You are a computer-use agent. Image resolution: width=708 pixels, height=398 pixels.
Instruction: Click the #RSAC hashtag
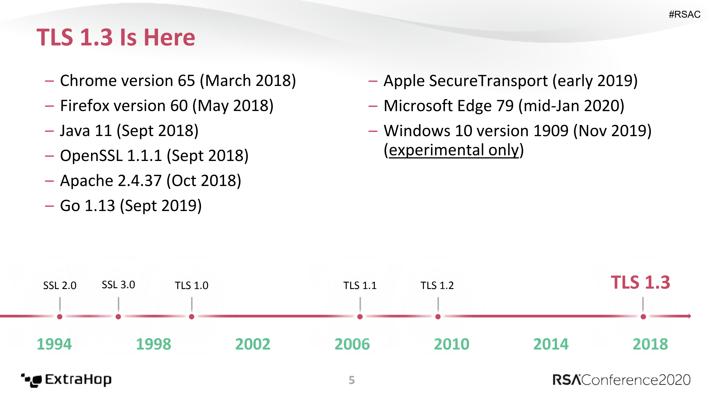[x=684, y=14]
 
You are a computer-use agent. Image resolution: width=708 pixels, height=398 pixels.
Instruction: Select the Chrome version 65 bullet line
[x=178, y=81]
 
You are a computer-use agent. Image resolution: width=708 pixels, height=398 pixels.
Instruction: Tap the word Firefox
[x=85, y=106]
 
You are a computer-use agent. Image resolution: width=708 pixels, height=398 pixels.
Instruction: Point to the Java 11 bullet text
[x=129, y=131]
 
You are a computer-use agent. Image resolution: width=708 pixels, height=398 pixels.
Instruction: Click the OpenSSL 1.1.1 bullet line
[x=154, y=156]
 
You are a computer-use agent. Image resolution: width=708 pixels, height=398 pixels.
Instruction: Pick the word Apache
[x=86, y=181]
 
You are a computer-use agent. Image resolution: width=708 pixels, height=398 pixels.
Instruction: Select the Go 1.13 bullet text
[x=131, y=206]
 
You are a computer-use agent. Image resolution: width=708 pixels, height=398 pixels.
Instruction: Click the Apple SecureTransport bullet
[x=510, y=81]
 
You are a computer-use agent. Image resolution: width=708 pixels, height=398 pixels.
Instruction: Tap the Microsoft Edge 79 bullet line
[x=504, y=106]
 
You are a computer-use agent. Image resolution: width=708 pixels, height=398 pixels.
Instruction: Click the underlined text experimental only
[x=454, y=150]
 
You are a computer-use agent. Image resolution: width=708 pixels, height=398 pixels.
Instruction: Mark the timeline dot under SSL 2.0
[x=59, y=317]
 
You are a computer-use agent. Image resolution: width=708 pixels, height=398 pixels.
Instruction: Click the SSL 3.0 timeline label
[x=118, y=285]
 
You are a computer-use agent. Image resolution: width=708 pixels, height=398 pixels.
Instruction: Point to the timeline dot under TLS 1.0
[x=191, y=317]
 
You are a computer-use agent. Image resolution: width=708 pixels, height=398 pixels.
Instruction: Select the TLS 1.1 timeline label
[x=360, y=285]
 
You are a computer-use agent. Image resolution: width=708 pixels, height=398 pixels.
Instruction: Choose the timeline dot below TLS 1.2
[x=438, y=317]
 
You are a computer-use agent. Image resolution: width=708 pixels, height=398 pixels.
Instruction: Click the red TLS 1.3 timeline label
[x=640, y=282]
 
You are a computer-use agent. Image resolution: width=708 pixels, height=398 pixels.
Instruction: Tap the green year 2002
[x=253, y=344]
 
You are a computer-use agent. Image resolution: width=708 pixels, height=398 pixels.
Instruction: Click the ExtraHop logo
[x=66, y=380]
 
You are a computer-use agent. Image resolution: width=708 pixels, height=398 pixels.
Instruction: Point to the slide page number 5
[x=351, y=380]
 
